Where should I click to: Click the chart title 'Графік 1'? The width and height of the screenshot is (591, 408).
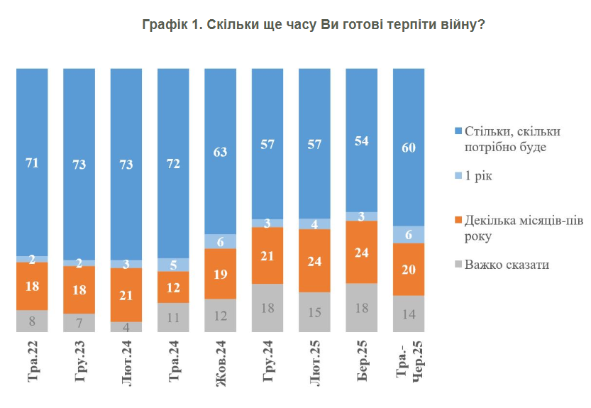pyautogui.click(x=313, y=25)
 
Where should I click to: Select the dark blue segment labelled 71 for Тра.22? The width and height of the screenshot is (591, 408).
pyautogui.click(x=32, y=162)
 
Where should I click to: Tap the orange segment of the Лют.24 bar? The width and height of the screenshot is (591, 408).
pyautogui.click(x=126, y=294)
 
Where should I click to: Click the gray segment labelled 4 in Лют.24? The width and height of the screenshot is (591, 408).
pyautogui.click(x=126, y=326)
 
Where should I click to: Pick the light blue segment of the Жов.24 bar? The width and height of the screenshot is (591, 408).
pyautogui.click(x=220, y=241)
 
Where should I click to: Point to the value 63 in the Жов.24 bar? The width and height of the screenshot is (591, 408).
pyautogui.click(x=220, y=151)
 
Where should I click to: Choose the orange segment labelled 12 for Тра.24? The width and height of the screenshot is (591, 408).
pyautogui.click(x=173, y=287)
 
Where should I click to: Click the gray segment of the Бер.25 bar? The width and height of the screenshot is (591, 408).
pyautogui.click(x=360, y=307)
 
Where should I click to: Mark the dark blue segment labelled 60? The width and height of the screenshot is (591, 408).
pyautogui.click(x=408, y=147)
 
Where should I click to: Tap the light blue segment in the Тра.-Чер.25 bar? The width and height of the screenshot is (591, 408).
pyautogui.click(x=408, y=235)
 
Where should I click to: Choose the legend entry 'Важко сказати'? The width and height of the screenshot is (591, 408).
pyautogui.click(x=508, y=265)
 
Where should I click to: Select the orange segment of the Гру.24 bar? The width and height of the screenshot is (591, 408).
pyautogui.click(x=267, y=255)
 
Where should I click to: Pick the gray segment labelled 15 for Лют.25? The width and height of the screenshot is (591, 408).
pyautogui.click(x=314, y=312)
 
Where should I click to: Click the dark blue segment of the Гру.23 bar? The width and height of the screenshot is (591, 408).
pyautogui.click(x=79, y=165)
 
